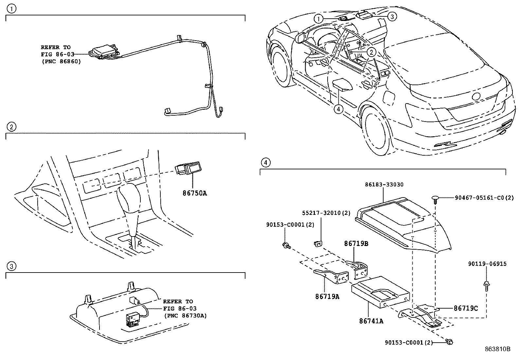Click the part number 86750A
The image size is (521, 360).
pos(195,193)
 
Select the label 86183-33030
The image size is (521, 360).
pos(384,185)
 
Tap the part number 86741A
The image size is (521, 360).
pos(371,321)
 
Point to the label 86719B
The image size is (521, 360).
pos(356,244)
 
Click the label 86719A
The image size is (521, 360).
pos(327,296)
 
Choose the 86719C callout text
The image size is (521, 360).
pos(466,308)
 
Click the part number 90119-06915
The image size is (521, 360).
pos(487,264)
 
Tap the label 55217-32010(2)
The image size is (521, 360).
pos(326,213)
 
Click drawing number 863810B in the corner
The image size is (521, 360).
pos(497,349)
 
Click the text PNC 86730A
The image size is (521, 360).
pos(185,316)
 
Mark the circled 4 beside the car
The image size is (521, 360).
pos(338,109)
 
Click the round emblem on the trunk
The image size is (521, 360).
pos(475,96)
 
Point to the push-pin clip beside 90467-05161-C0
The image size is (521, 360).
pos(435,199)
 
